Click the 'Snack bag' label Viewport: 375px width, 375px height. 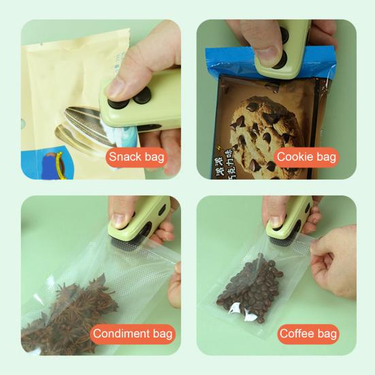[x=136, y=157]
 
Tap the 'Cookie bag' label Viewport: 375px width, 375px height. [x=306, y=157]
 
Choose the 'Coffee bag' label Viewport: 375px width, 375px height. [x=308, y=333]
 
